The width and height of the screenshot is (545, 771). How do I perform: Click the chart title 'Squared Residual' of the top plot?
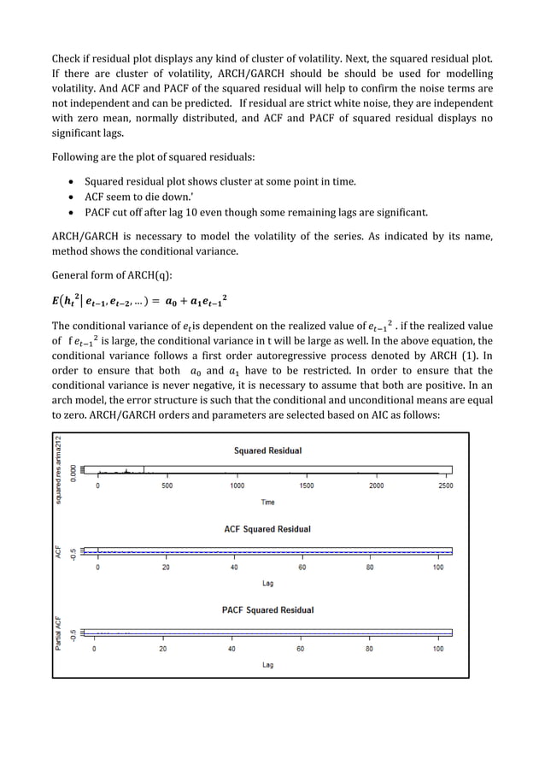click(x=267, y=450)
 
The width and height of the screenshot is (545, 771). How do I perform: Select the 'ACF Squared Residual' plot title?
click(x=267, y=529)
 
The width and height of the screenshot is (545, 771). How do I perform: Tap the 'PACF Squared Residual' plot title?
click(x=267, y=610)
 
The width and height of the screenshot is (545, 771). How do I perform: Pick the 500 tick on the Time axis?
click(x=167, y=486)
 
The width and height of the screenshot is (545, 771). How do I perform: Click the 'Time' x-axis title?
click(x=267, y=502)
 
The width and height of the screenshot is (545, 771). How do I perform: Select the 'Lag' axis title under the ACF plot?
click(x=267, y=583)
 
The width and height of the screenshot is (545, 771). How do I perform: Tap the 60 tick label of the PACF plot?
click(x=302, y=648)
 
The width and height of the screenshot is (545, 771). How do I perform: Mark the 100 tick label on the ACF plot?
click(x=438, y=567)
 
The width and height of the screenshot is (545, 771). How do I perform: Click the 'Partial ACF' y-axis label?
click(x=58, y=634)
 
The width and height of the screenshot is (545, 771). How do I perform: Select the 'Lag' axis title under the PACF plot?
click(x=267, y=664)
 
